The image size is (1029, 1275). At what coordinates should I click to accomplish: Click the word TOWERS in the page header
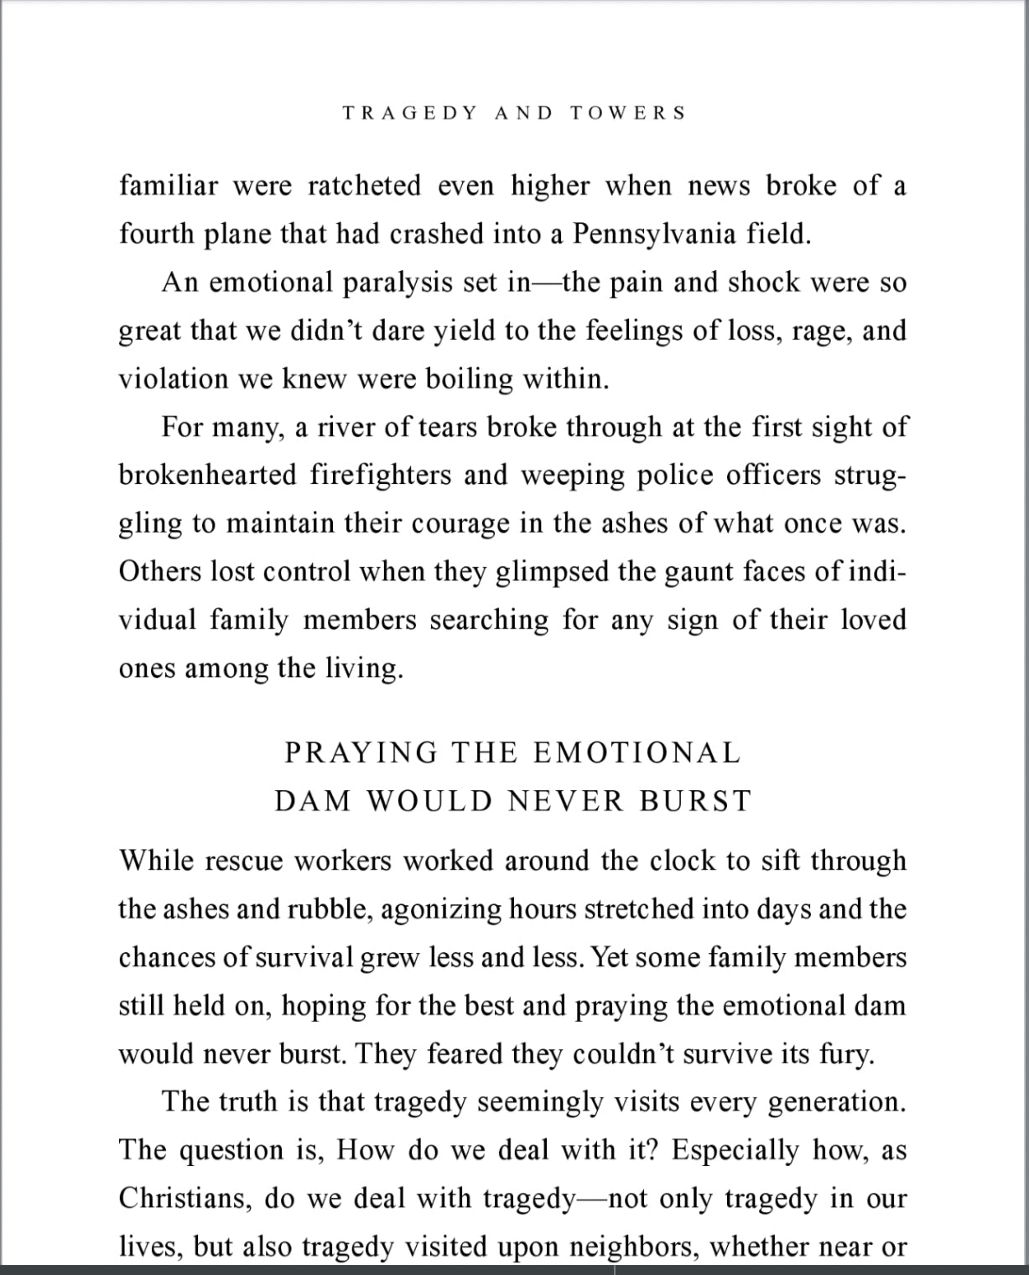tap(628, 113)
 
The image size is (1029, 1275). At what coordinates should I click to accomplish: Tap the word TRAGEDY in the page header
tap(410, 113)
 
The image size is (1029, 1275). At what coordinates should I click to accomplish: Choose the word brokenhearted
tap(208, 476)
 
